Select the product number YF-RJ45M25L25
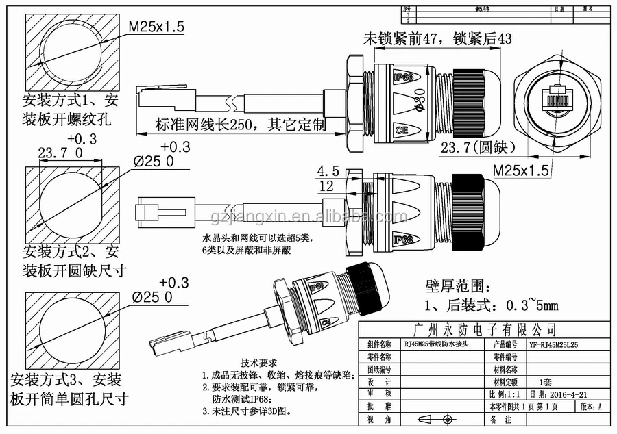pos(554,345)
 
